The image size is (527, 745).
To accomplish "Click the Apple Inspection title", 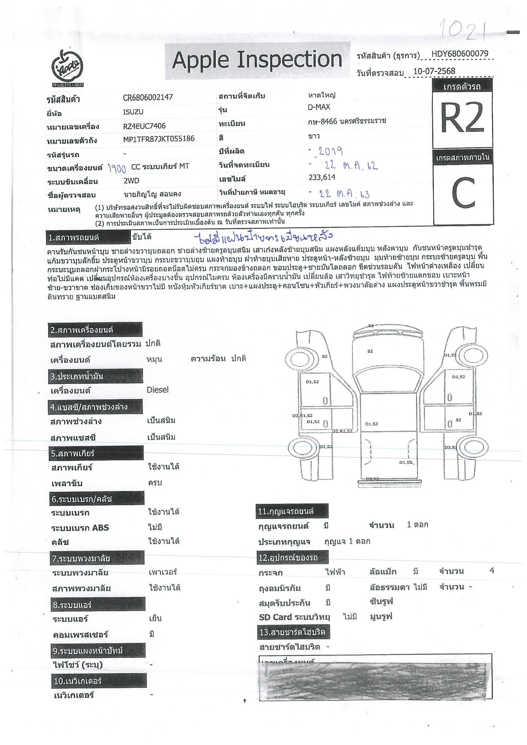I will (x=257, y=60).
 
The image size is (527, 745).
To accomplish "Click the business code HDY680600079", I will (x=459, y=54).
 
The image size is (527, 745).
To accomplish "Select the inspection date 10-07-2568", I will (x=434, y=71).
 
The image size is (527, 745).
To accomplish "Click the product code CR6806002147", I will (x=148, y=97).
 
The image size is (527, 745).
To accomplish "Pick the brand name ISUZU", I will (x=133, y=112).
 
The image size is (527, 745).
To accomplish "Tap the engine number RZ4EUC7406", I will (x=144, y=126).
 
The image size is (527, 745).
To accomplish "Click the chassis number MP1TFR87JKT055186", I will (x=159, y=139).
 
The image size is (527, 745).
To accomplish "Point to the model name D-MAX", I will (x=319, y=107).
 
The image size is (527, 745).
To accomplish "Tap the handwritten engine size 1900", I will (x=117, y=168).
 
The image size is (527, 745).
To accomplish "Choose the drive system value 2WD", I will (x=131, y=181).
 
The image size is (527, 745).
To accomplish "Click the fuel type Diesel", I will (x=157, y=390).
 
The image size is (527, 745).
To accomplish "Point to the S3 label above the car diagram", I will (x=371, y=325).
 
